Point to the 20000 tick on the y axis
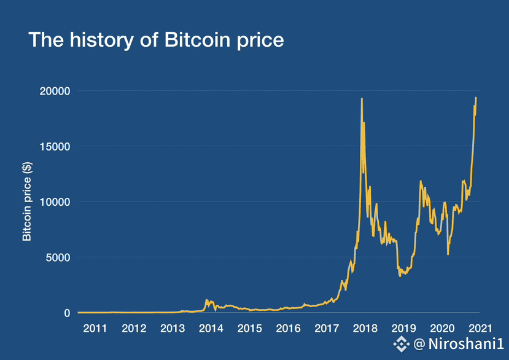point(55,91)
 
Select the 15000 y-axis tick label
point(55,146)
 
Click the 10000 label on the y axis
point(55,202)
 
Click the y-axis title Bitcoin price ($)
point(26,201)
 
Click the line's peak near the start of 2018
point(362,99)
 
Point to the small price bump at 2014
point(207,300)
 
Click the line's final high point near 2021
point(476,98)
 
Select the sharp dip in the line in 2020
point(448,254)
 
